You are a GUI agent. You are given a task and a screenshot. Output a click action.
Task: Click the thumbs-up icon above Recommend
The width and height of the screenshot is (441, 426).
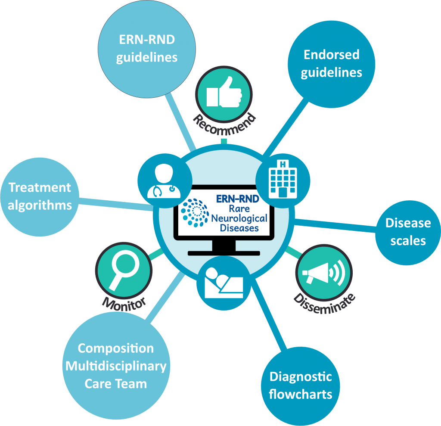[x=224, y=92]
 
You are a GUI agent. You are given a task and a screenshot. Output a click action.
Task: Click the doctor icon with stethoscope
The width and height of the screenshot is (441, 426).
[x=164, y=181]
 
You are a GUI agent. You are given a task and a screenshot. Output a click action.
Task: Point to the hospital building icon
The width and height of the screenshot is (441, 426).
[x=283, y=179]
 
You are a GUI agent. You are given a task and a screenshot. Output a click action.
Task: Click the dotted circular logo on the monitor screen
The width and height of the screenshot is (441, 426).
[x=195, y=212]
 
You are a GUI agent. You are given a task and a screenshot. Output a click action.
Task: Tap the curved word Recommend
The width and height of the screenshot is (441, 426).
[x=224, y=124]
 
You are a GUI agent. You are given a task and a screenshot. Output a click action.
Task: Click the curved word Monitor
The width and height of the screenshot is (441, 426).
[x=124, y=304]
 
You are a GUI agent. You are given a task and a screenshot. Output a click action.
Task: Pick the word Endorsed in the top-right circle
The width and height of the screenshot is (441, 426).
[x=332, y=55]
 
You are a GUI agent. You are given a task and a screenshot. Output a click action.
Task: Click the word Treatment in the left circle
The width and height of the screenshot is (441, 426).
[x=40, y=187]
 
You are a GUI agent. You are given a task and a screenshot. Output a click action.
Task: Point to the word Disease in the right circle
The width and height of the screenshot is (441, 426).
[x=408, y=223]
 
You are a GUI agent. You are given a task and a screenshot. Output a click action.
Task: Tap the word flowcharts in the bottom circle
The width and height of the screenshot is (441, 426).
[x=300, y=394]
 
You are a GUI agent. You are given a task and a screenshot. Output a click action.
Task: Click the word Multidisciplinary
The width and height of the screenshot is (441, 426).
[x=116, y=367]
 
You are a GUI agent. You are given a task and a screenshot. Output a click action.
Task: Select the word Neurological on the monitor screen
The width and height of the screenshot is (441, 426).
[x=239, y=218]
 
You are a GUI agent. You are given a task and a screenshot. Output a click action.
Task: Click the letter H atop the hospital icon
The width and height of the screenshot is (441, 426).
[x=283, y=164]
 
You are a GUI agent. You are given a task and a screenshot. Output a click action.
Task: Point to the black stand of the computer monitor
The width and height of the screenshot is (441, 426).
[x=224, y=248]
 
